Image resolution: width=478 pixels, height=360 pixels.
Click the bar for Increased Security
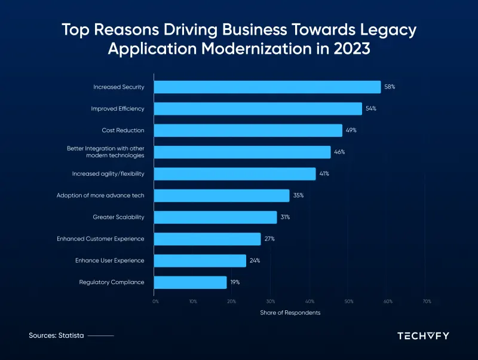click(267, 87)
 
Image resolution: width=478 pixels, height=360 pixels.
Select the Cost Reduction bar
click(248, 130)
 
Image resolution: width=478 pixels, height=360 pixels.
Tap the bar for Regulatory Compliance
click(191, 282)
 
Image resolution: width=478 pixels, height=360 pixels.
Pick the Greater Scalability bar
click(216, 217)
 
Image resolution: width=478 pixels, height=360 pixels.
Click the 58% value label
click(390, 87)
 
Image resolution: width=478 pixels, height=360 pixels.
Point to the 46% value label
click(339, 152)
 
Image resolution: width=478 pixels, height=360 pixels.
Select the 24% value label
click(255, 261)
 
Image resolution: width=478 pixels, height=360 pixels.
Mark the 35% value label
click(298, 196)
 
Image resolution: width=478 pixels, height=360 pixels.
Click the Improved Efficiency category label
click(118, 109)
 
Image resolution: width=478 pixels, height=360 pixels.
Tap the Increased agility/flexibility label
click(108, 173)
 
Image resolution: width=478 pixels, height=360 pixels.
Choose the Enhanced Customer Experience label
click(100, 239)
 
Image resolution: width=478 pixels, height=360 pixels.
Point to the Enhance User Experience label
click(109, 261)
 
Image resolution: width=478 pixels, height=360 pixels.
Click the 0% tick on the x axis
click(155, 301)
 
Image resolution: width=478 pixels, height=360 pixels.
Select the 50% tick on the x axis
click(349, 301)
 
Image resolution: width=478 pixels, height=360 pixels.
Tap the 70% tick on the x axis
click(426, 301)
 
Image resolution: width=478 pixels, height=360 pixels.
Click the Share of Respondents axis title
click(290, 313)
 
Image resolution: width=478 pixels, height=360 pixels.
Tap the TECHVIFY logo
click(423, 335)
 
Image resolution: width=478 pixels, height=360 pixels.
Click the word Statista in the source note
click(72, 336)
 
